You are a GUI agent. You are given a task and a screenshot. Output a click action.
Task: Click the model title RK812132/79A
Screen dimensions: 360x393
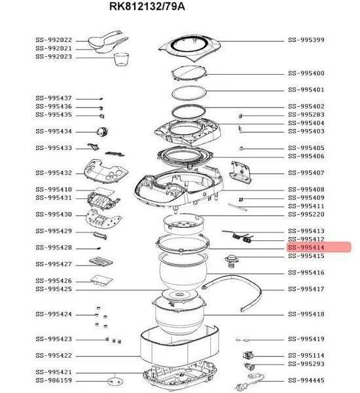point(147,7)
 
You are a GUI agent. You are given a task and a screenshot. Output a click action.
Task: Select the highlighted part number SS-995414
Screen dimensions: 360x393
point(306,248)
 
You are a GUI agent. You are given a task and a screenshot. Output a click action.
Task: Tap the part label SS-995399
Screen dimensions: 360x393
point(306,40)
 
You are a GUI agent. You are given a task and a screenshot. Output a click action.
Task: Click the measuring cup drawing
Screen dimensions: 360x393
point(122,59)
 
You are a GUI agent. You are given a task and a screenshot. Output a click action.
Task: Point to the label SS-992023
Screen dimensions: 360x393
point(54,56)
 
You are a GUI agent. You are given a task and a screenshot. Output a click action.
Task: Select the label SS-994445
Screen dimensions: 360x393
point(306,381)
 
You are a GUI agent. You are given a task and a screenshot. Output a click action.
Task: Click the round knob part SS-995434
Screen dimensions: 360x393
point(102,132)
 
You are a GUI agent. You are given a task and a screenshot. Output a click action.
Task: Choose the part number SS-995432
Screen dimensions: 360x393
point(54,173)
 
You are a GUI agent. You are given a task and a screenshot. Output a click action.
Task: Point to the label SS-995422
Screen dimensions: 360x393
point(54,356)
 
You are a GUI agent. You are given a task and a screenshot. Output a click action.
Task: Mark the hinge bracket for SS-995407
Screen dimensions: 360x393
point(240,172)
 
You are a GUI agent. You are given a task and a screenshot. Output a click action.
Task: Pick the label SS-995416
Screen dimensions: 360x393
point(306,272)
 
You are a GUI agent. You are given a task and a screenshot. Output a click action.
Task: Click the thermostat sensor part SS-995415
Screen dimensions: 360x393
point(232,261)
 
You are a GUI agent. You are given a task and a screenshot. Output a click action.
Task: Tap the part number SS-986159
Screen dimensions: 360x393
point(54,381)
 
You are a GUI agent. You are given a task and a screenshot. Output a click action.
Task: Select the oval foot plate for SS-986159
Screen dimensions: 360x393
point(115,382)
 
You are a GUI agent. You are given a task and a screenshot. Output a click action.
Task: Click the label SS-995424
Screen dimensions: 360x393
point(54,314)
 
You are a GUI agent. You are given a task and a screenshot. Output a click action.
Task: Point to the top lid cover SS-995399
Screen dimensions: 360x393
point(190,48)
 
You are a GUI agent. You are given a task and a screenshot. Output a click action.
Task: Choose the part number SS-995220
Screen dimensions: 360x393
point(306,215)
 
